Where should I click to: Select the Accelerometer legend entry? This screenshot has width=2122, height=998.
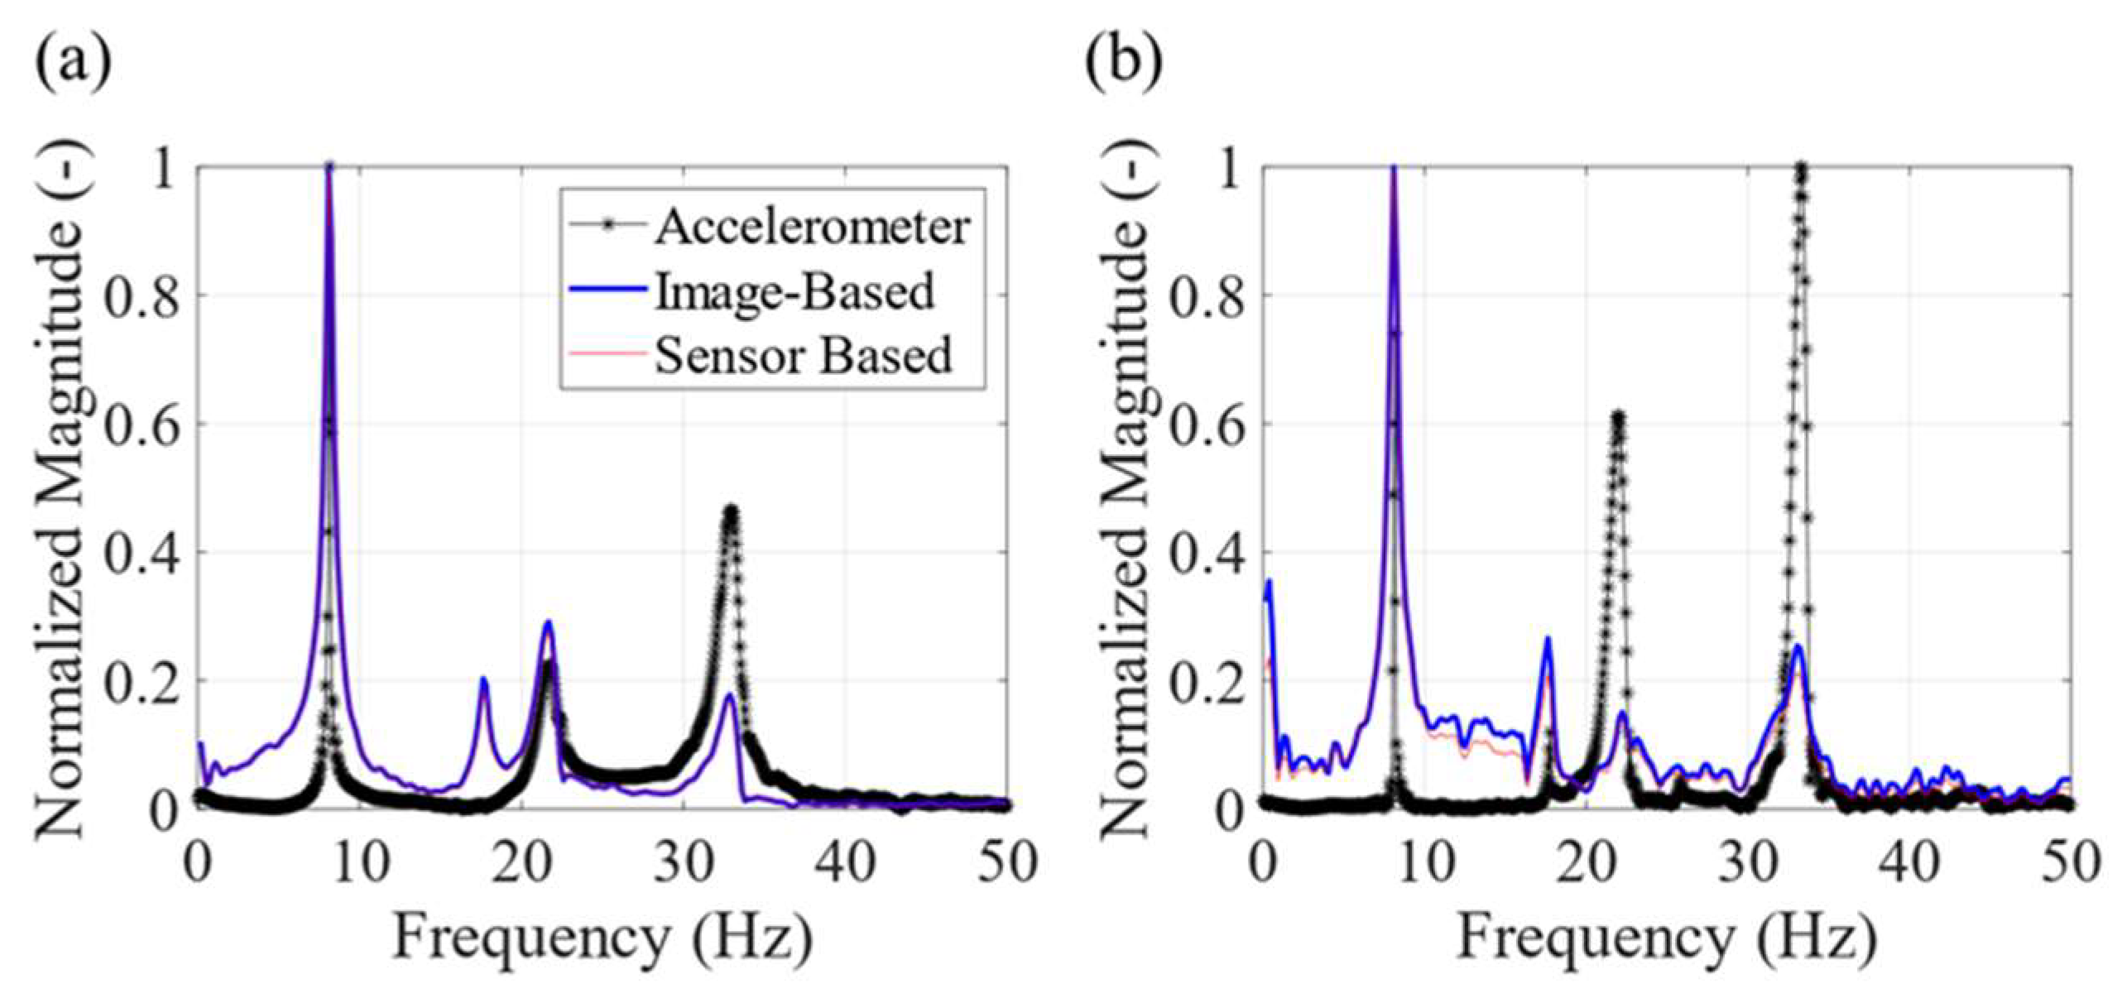point(811,226)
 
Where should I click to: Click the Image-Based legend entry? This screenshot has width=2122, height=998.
point(794,291)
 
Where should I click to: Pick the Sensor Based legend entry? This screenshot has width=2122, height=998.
point(803,356)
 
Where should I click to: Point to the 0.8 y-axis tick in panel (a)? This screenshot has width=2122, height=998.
point(142,297)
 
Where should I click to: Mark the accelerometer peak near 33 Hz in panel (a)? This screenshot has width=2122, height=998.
point(730,511)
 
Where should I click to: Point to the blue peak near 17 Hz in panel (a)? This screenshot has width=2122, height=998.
point(483,680)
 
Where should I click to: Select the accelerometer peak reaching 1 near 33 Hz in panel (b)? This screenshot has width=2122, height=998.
point(1800,168)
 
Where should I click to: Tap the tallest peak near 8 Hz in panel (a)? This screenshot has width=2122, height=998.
point(329,168)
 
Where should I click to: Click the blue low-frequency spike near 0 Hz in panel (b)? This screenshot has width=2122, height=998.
point(1268,581)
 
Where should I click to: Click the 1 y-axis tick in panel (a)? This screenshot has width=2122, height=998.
point(166,170)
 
